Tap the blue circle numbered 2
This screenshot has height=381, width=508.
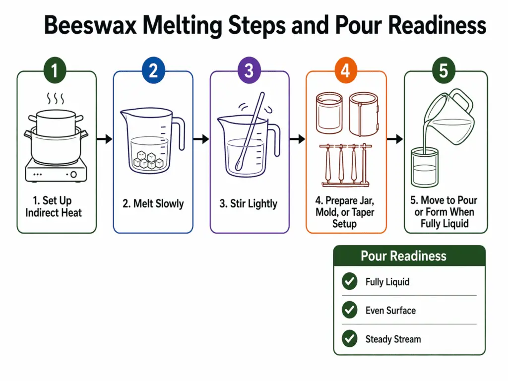[153, 70]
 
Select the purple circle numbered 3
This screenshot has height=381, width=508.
[249, 70]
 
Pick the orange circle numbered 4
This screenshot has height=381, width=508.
[345, 70]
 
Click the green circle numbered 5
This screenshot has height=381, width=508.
[443, 70]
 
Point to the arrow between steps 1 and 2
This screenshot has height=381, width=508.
[104, 139]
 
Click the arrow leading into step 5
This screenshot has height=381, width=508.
[395, 139]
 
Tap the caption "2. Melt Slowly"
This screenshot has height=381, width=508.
[153, 203]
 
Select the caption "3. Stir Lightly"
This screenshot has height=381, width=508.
[249, 203]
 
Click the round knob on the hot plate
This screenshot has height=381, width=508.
[73, 175]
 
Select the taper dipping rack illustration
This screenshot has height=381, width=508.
[345, 166]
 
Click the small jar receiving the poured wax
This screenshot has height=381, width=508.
[425, 169]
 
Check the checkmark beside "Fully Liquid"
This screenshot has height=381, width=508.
[350, 282]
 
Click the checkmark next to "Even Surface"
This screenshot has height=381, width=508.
[350, 311]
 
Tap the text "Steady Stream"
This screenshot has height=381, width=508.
[393, 339]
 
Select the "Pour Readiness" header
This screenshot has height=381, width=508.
[403, 256]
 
